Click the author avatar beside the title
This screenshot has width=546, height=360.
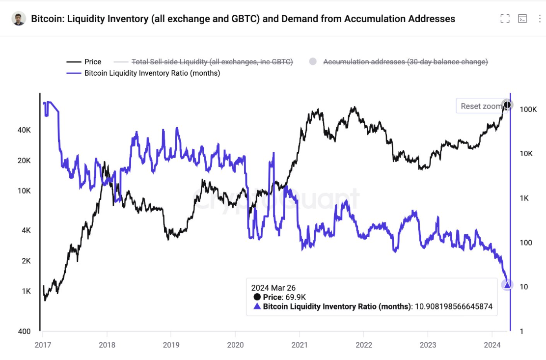tap(19, 19)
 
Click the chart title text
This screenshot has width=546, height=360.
tap(243, 19)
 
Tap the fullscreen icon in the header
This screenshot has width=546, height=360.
tap(505, 19)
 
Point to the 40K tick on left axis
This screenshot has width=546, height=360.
tap(25, 131)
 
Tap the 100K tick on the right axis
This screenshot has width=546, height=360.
tap(528, 110)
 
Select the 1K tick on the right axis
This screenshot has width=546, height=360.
tap(524, 198)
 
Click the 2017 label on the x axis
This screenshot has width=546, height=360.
tap(43, 345)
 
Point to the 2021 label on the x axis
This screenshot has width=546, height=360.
tap(300, 345)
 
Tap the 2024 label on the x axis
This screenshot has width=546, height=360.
tap(492, 345)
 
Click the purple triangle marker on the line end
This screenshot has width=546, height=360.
tap(507, 285)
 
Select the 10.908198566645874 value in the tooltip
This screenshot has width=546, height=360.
tap(454, 307)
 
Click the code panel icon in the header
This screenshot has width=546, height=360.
tap(523, 19)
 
